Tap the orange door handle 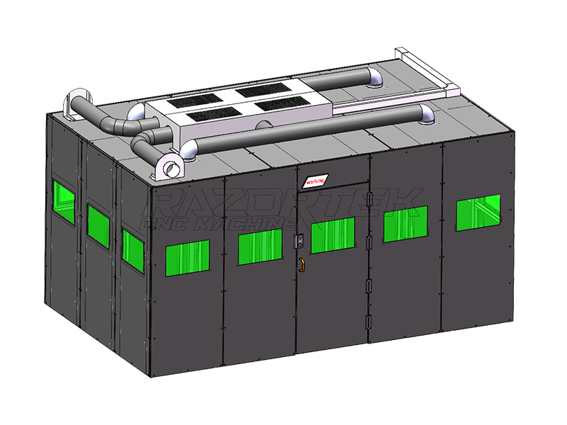pos(301,264)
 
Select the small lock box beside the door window pos(299,241)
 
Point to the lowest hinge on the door pos(368,320)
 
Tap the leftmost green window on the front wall pos(187,255)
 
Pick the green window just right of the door pos(405,224)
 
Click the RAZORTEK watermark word pos(283,203)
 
